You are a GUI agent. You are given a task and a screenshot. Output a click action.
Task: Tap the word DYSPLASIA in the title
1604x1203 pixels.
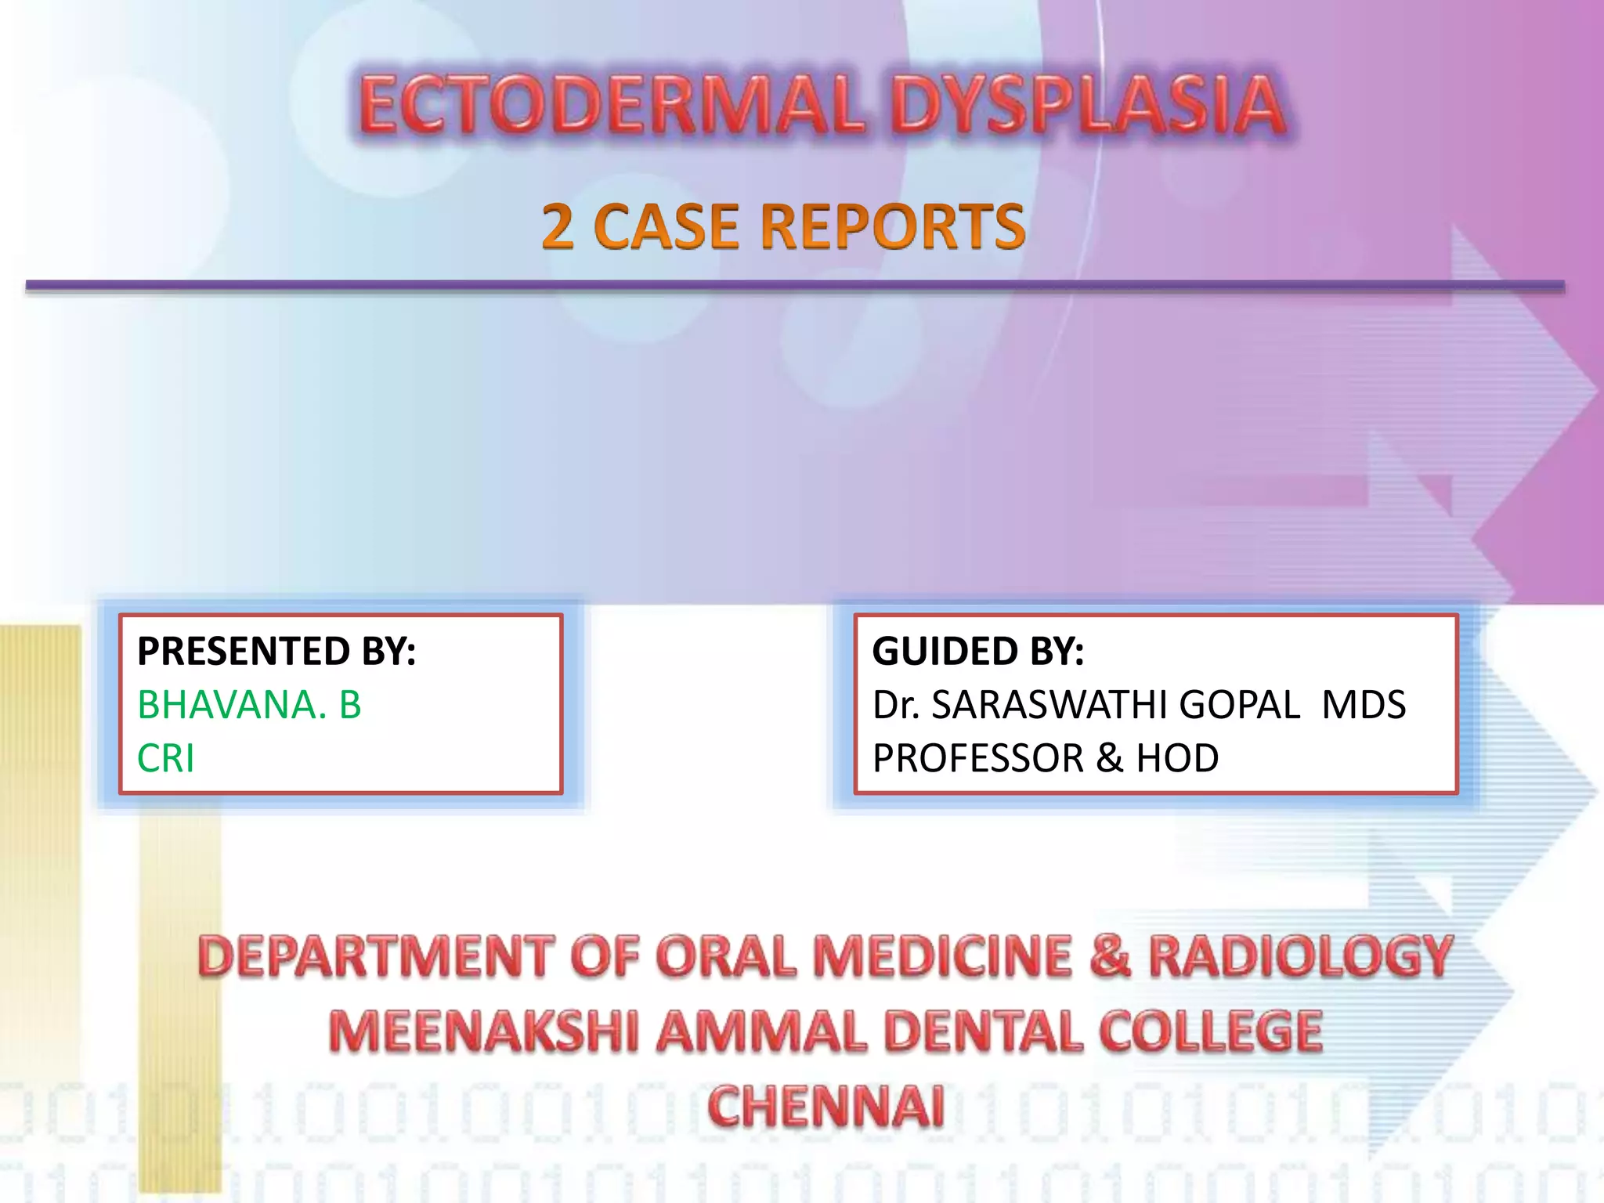pyautogui.click(x=1089, y=105)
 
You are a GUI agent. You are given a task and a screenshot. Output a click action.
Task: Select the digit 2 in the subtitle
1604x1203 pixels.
pyautogui.click(x=558, y=227)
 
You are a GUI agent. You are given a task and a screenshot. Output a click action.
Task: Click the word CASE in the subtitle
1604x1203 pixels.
pyautogui.click(x=667, y=227)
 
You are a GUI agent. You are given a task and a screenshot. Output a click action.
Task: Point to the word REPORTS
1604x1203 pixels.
pyautogui.click(x=893, y=227)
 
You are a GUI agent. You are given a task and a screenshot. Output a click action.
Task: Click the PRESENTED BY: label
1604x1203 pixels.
pyautogui.click(x=276, y=652)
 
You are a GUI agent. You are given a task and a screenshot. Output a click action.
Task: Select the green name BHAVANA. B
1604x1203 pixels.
pyautogui.click(x=249, y=705)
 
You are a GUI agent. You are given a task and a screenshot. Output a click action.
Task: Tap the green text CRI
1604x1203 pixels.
pyautogui.click(x=165, y=758)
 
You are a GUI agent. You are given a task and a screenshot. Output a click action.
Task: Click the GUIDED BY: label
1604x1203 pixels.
pyautogui.click(x=978, y=652)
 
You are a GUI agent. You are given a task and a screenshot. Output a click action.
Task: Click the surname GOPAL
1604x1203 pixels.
pyautogui.click(x=1239, y=705)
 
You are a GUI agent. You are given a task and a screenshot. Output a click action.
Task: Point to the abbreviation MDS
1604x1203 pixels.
pyautogui.click(x=1364, y=705)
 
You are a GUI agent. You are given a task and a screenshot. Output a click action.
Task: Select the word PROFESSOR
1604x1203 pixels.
pyautogui.click(x=978, y=758)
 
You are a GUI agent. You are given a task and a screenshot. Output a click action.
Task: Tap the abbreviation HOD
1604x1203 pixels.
pyautogui.click(x=1177, y=758)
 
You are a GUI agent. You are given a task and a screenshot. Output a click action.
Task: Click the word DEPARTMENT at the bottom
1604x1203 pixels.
pyautogui.click(x=376, y=957)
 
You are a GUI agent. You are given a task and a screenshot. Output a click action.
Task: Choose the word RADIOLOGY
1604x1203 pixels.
pyautogui.click(x=1300, y=957)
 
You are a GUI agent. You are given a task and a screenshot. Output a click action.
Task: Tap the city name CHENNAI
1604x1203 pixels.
pyautogui.click(x=825, y=1106)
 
